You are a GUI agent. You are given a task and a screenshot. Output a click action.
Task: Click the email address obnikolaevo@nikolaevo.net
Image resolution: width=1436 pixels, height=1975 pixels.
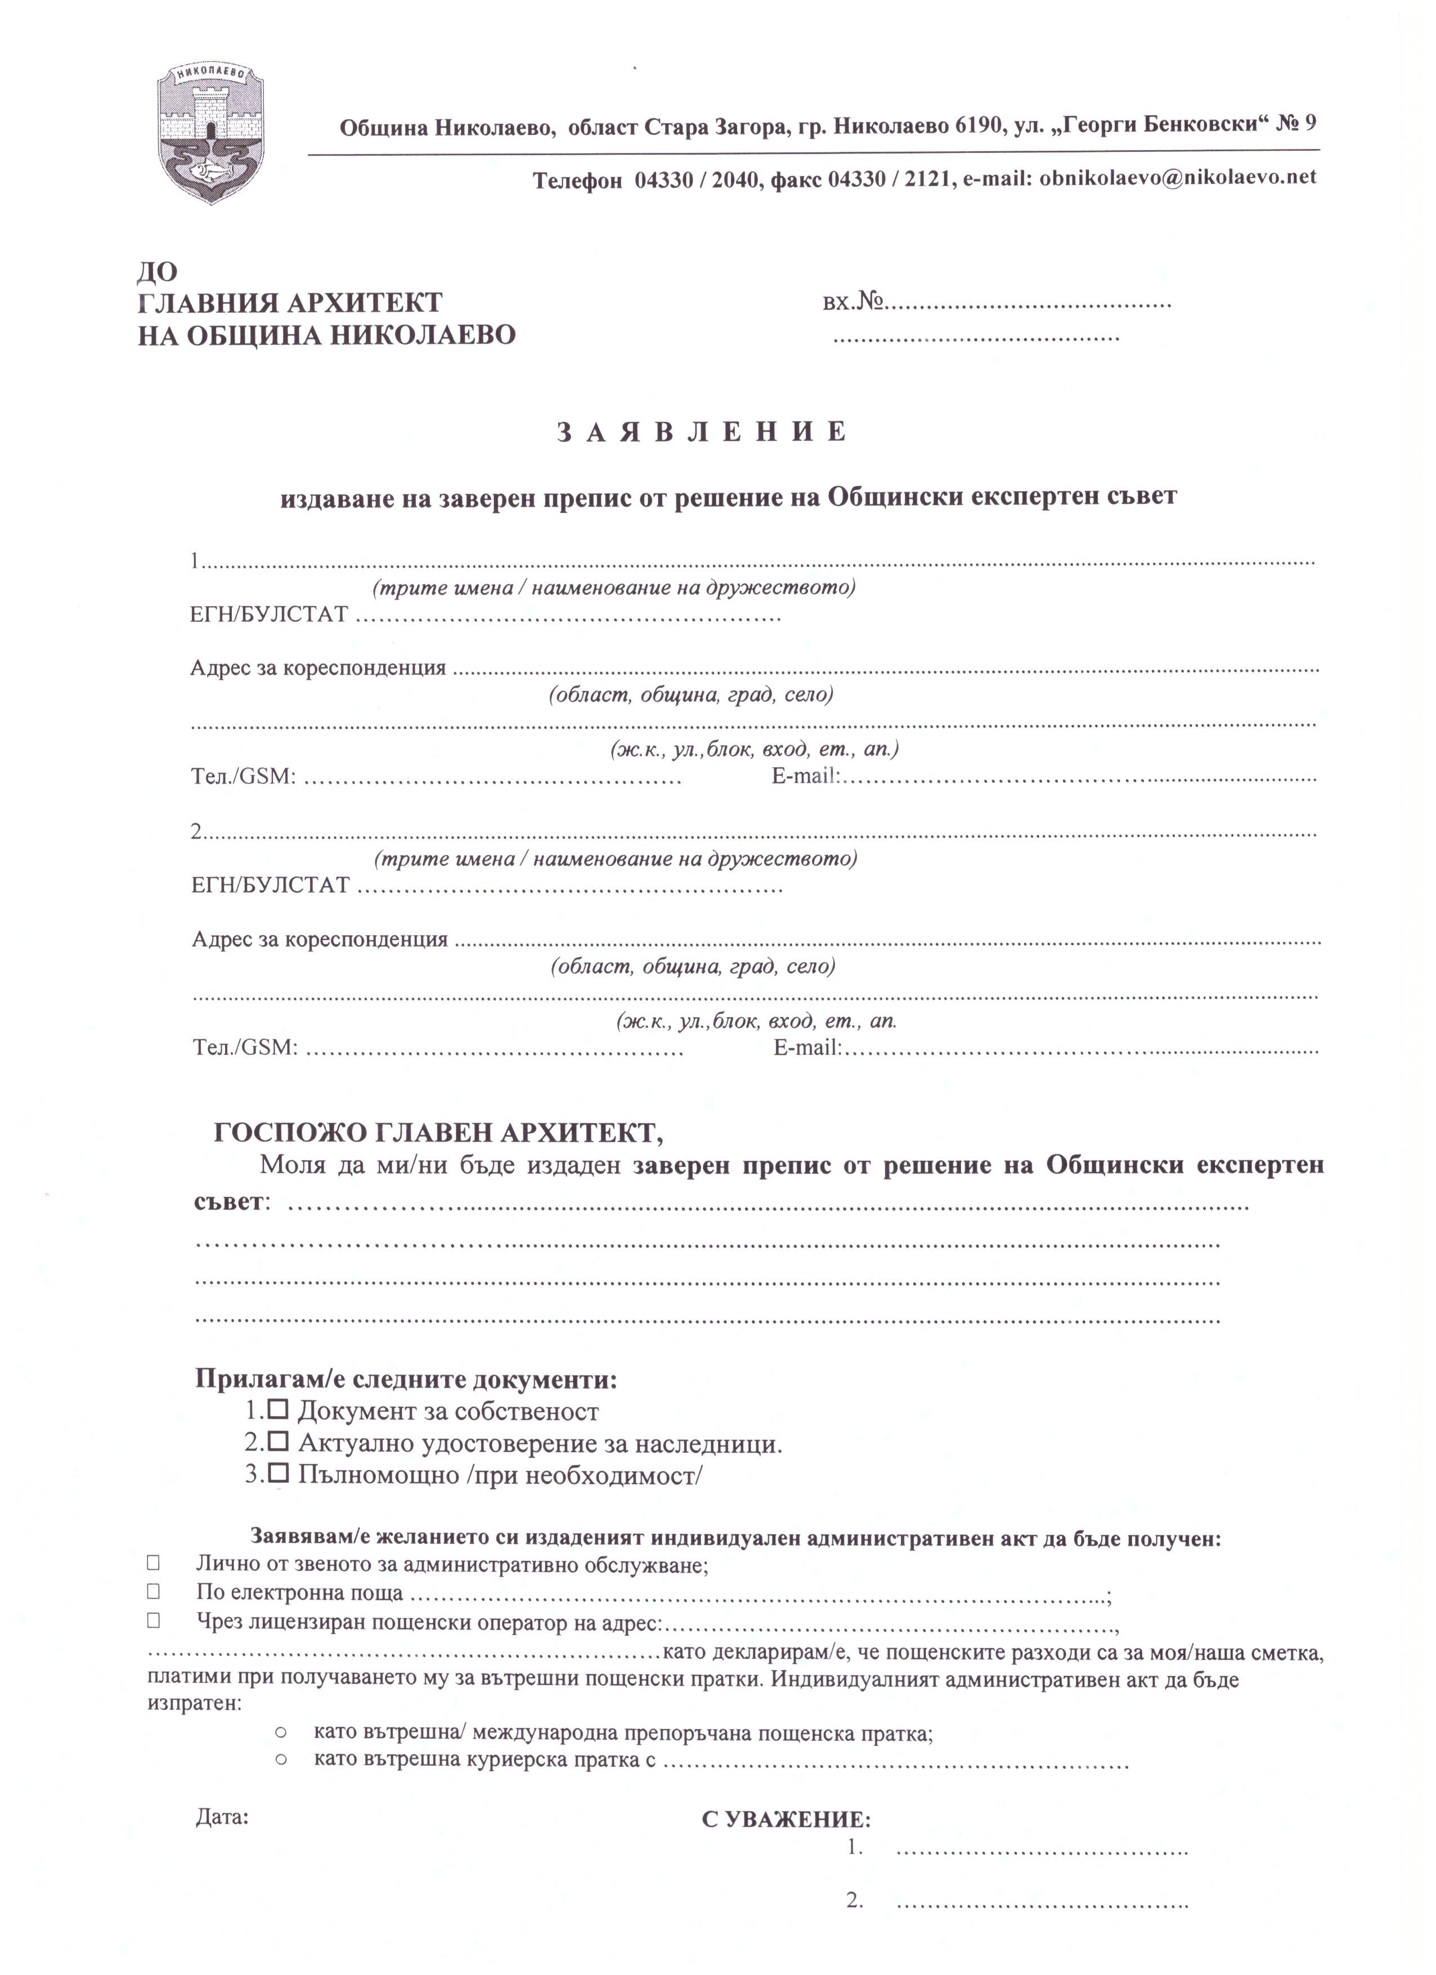[x=1177, y=178]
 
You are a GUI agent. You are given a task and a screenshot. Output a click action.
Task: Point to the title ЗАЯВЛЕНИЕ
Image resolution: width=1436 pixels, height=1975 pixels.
[x=702, y=432]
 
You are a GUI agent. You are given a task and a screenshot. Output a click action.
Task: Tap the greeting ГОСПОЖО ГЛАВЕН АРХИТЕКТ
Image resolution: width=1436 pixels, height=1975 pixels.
[x=438, y=1133]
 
